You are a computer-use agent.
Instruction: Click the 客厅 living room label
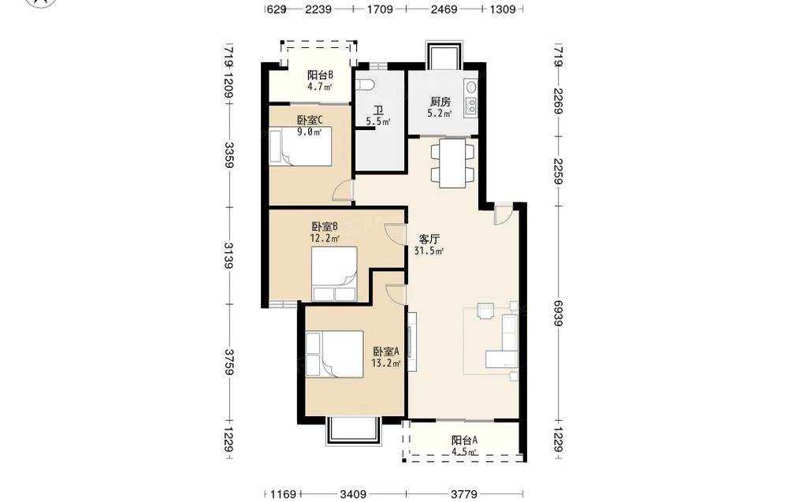tap(429, 239)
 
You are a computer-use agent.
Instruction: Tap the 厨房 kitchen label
tap(440, 102)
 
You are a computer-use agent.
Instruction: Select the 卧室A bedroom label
tap(386, 351)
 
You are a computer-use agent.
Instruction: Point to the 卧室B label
tap(325, 226)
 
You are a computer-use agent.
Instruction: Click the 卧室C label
tap(309, 120)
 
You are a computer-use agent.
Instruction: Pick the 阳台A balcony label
tap(464, 441)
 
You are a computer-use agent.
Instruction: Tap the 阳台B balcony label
tap(321, 76)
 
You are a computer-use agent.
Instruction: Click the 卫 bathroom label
tap(378, 110)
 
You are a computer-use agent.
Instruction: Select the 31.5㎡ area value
tap(429, 251)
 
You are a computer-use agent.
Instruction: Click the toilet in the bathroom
tap(364, 85)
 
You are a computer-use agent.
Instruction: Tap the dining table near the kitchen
tap(452, 163)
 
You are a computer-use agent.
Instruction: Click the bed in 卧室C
tap(300, 147)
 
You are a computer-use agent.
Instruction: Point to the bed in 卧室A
tap(335, 354)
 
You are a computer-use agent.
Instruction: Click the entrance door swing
tap(503, 214)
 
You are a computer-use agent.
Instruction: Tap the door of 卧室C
tap(344, 190)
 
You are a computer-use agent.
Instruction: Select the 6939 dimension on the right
tap(558, 313)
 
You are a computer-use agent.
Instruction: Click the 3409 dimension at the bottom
tap(353, 494)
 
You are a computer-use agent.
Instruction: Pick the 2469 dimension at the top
tap(444, 9)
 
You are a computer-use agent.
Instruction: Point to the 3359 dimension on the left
tap(229, 154)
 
